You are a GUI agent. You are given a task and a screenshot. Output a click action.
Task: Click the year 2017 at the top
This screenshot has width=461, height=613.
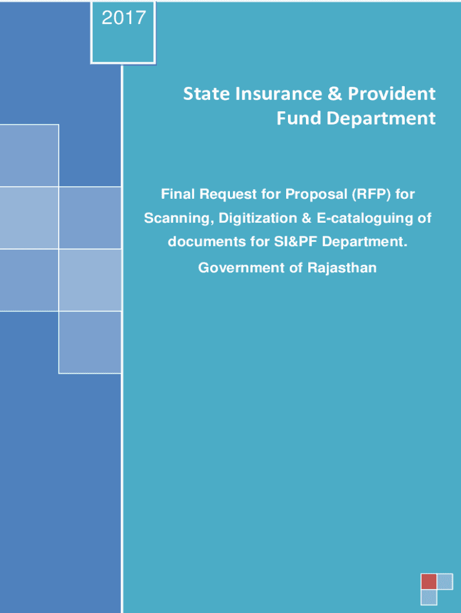[x=123, y=18]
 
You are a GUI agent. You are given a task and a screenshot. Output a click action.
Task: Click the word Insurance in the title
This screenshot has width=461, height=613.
[x=279, y=94]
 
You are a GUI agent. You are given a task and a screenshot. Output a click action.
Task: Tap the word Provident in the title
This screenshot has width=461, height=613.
[x=392, y=94]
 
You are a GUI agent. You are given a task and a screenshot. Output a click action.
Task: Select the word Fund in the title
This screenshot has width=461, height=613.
[x=299, y=118]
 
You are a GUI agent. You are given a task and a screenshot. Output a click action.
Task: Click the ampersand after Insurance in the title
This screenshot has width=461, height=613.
[x=335, y=94]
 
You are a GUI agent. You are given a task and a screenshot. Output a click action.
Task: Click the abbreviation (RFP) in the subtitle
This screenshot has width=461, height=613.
[x=371, y=195]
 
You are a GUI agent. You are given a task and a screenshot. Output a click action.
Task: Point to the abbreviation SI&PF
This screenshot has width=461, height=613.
[x=296, y=242]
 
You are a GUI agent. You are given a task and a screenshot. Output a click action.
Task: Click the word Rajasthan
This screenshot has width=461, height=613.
[x=342, y=268]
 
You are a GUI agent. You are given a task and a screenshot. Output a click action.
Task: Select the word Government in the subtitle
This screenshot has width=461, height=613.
[x=242, y=268]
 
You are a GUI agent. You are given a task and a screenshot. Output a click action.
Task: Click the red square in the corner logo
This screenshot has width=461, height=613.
[x=429, y=581]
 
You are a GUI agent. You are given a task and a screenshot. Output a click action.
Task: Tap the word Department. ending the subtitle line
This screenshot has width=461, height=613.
[x=365, y=242]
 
